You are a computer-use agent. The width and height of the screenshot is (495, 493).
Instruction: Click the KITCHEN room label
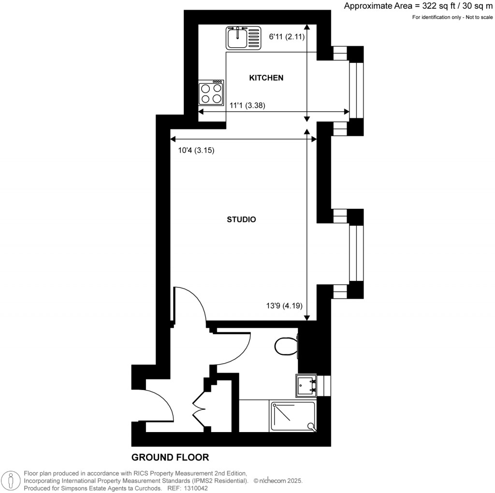(266, 78)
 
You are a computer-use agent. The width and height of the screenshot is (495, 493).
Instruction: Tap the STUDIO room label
(241, 219)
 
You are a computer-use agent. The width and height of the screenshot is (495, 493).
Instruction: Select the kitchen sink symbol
(244, 38)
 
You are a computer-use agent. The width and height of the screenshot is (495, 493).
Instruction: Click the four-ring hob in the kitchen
(211, 93)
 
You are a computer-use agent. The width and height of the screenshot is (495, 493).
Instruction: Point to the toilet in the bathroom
(286, 346)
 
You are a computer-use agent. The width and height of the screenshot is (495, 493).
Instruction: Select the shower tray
(293, 416)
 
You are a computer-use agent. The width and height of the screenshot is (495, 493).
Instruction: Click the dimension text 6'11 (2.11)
(287, 36)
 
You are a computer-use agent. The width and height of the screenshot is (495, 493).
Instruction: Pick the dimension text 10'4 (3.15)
(196, 150)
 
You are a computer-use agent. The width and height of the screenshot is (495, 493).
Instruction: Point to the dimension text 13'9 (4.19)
(284, 305)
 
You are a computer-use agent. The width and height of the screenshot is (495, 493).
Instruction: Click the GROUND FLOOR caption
(170, 457)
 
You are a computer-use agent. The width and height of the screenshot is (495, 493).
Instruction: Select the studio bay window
(356, 253)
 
